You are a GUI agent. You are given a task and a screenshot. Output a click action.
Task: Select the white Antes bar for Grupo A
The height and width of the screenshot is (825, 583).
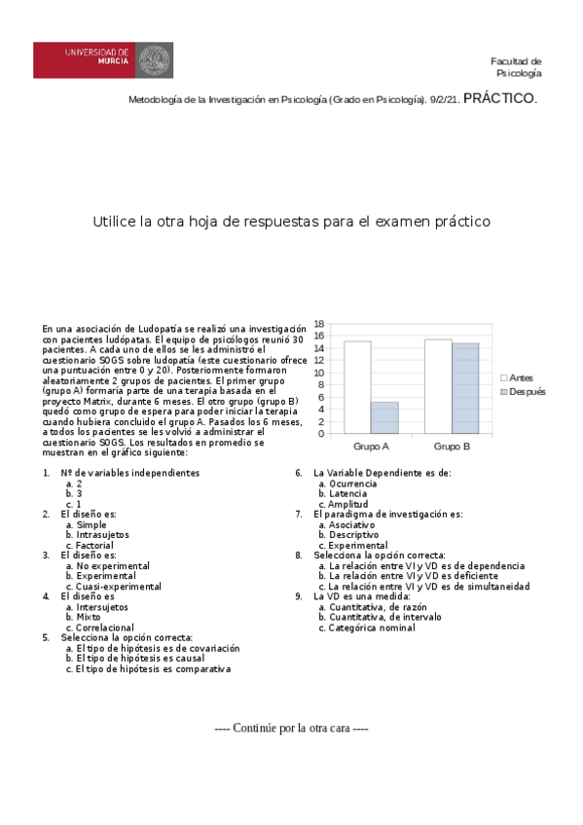[357, 387]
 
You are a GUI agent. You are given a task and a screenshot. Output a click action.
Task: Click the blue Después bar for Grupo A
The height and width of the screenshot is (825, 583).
[384, 417]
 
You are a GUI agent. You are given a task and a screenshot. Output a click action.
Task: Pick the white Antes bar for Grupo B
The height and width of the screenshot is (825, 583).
[438, 386]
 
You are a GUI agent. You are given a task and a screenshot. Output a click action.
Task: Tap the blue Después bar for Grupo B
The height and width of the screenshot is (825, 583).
[465, 387]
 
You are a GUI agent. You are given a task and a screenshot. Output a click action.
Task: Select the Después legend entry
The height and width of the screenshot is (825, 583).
[523, 391]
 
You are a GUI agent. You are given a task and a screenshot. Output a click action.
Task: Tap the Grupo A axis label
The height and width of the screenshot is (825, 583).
[372, 446]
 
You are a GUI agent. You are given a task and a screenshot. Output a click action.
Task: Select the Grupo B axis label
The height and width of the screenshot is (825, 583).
[452, 446]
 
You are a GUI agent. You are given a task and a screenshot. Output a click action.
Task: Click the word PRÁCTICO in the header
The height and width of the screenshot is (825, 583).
[499, 98]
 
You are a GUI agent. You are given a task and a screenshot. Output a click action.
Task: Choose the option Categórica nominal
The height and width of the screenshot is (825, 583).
[372, 628]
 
